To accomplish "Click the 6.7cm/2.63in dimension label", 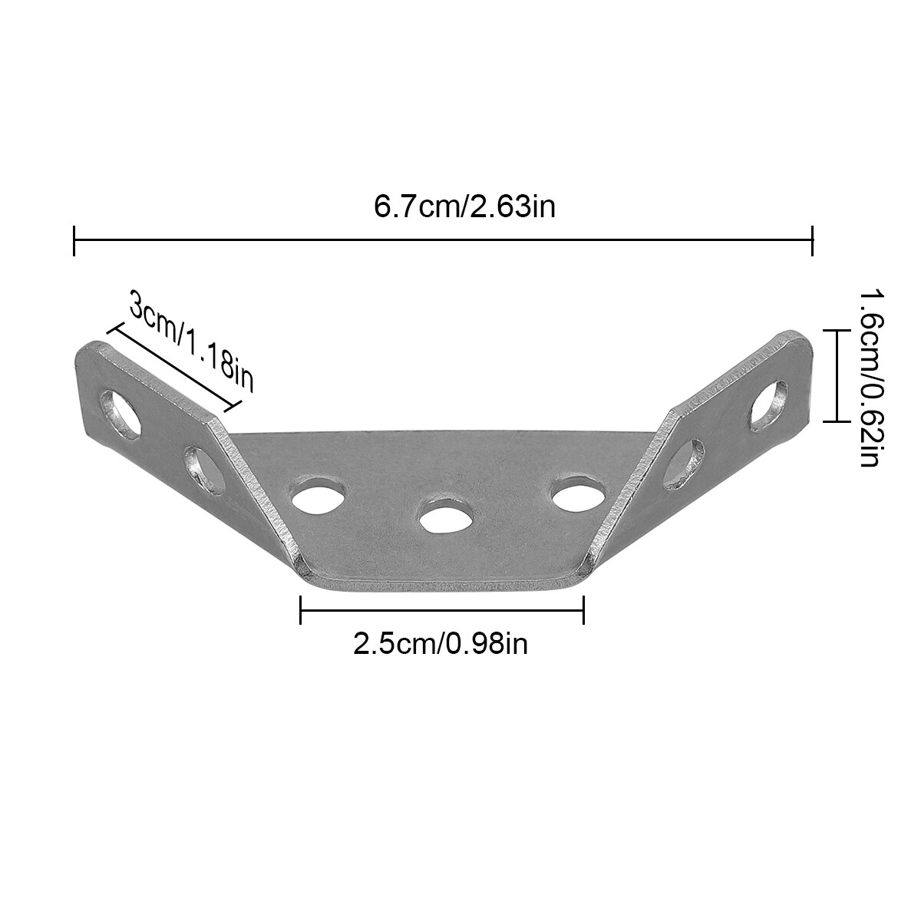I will point(464,207).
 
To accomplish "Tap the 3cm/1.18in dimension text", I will point(191,342).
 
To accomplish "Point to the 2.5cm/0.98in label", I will point(441,643).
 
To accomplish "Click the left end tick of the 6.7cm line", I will point(74,240).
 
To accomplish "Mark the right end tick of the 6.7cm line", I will point(812,240).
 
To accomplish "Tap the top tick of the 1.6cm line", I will point(835,329).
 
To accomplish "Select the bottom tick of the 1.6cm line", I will point(835,421).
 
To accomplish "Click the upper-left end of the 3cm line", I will point(114,329).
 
